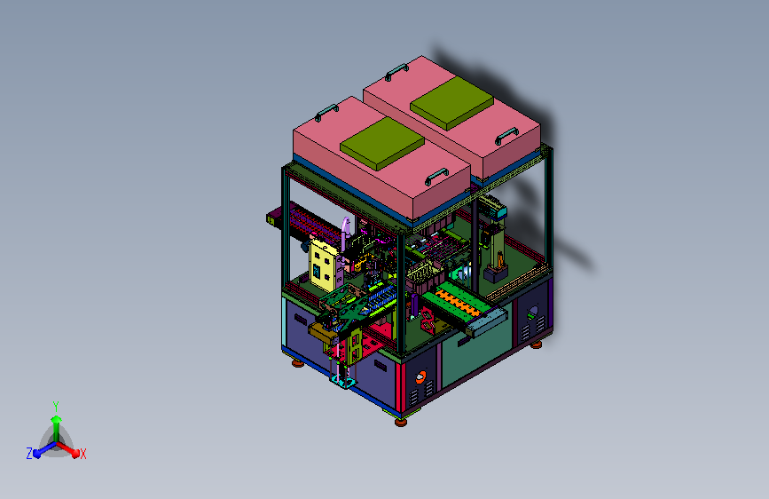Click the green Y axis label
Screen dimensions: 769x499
point(56,406)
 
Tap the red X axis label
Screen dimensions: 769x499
point(82,454)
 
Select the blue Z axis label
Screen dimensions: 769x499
point(29,454)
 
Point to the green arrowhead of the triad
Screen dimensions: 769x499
point(57,419)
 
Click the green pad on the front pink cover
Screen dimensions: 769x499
point(382,144)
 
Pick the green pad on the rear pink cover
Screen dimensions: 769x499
point(451,103)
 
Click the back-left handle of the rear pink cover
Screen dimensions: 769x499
point(396,72)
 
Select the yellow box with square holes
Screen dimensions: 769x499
point(323,265)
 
